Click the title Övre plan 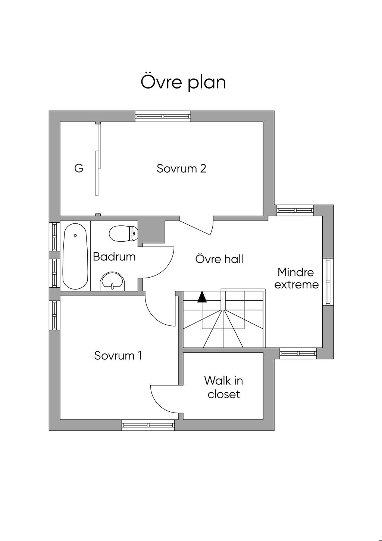(x=183, y=82)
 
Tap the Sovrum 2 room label (x=181, y=169)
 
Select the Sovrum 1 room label (x=118, y=355)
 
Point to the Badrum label (x=114, y=257)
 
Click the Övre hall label (x=219, y=259)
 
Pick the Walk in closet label (x=223, y=387)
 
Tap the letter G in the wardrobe (x=79, y=169)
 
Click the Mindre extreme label (x=296, y=278)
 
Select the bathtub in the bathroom (x=75, y=256)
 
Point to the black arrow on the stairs (x=202, y=297)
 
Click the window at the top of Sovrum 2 (x=163, y=116)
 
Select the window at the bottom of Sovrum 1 (x=148, y=425)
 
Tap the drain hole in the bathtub (x=75, y=235)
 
